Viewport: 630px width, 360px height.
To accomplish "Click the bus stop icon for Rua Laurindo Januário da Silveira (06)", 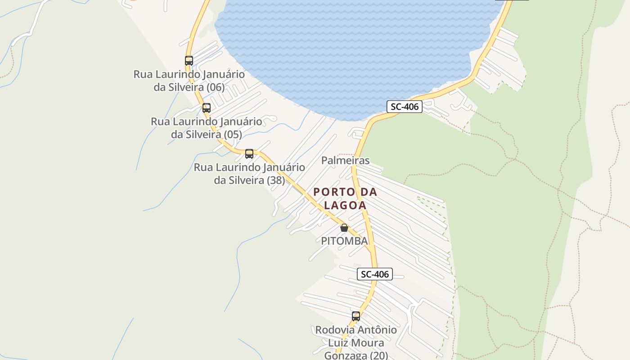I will [189, 60].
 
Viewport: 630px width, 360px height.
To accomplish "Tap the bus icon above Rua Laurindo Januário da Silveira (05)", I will [207, 108].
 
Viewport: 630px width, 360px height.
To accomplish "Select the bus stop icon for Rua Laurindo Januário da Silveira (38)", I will [249, 154].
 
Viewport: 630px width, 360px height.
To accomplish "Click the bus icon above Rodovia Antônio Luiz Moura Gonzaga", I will [356, 316].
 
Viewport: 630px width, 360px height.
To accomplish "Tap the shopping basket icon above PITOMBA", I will [344, 228].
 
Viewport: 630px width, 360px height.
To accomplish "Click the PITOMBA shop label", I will [344, 241].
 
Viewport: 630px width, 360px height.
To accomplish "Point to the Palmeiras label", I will [345, 160].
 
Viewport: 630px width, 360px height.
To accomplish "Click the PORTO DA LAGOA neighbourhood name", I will [345, 198].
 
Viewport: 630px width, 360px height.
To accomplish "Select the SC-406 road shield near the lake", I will [404, 107].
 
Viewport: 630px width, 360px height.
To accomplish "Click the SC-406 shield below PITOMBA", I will [375, 274].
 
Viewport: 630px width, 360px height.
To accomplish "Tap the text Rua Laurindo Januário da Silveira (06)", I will [189, 81].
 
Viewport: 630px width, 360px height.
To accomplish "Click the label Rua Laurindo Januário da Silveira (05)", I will [207, 128].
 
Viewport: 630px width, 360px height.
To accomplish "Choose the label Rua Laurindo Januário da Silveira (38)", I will [249, 174].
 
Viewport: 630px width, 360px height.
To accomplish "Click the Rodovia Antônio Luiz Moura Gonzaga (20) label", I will [356, 342].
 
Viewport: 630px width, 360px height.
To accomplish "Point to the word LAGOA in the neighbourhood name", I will [345, 205].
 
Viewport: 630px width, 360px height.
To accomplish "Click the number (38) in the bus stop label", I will [276, 180].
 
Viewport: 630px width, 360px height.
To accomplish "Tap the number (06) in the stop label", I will [216, 87].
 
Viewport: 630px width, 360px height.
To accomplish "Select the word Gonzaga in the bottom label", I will [346, 355].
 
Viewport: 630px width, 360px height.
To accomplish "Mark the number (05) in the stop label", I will [233, 135].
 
